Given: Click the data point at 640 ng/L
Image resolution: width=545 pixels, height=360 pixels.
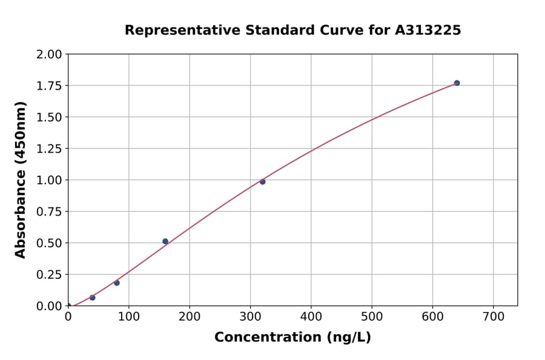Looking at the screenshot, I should pos(457,83).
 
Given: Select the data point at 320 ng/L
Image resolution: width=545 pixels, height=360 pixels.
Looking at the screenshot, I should pos(262,182).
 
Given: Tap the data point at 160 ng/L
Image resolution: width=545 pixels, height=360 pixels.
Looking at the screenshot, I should pos(165,241).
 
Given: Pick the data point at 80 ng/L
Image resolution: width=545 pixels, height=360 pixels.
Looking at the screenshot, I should pos(117,283).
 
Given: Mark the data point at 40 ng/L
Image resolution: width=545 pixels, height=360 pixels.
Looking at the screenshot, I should pos(93,298).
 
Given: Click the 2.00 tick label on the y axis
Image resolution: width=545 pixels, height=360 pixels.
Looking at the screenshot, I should pos(48,55).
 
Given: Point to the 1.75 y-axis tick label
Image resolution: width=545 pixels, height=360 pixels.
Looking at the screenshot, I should pos(48,86).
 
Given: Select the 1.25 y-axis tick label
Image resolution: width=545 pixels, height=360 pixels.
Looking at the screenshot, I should pos(48,149).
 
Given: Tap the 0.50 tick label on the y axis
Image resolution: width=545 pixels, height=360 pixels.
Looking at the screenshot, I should pos(48,243).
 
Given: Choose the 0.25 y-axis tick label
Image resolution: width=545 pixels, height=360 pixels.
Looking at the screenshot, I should pos(48,275).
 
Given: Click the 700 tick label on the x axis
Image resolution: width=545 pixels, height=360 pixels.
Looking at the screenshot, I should pos(493,316).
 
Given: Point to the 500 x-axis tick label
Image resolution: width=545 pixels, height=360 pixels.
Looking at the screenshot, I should pos(372,316).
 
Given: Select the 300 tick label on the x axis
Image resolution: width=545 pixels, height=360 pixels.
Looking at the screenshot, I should pos(250,316).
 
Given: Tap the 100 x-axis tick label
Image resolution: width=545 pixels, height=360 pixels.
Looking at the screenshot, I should pos(129,316).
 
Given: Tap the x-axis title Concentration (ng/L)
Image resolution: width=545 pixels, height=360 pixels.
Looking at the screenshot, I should pos(292,338).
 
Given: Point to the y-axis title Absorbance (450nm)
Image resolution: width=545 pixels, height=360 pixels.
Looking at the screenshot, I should pos(21,180).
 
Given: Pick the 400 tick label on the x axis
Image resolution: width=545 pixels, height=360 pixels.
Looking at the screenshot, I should pos(311,316).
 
